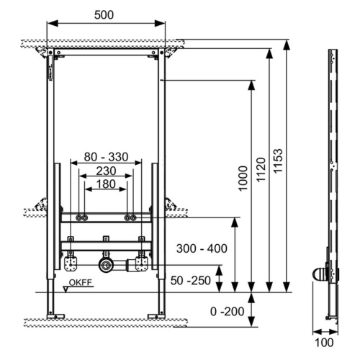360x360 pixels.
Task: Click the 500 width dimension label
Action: [x=104, y=15]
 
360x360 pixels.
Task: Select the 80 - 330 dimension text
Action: [x=106, y=157]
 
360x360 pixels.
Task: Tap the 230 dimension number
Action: [x=106, y=171]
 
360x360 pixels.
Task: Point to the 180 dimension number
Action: [x=106, y=184]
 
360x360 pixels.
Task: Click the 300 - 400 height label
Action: [x=202, y=248]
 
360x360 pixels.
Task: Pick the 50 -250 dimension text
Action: [x=191, y=280]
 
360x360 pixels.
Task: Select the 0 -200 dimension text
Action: [x=227, y=312]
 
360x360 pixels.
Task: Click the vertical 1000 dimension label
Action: [x=243, y=179]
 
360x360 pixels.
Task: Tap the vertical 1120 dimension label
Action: [x=261, y=170]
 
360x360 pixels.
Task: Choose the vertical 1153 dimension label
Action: [x=278, y=161]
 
